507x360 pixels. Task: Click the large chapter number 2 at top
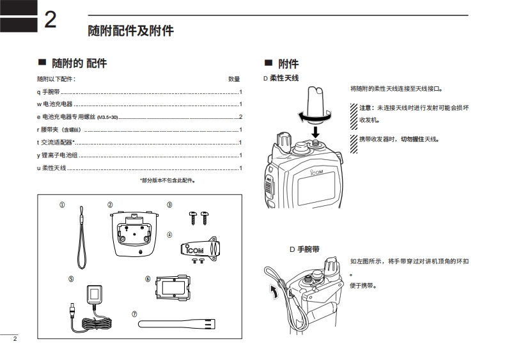click(51, 19)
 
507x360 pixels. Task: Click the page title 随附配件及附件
click(130, 31)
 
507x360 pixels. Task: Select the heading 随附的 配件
click(79, 63)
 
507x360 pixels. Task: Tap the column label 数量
click(234, 79)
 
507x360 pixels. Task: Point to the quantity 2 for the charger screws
click(240, 117)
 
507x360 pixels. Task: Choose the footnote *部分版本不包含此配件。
click(168, 180)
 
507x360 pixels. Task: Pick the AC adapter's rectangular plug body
click(94, 295)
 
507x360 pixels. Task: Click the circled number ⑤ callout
click(71, 278)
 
